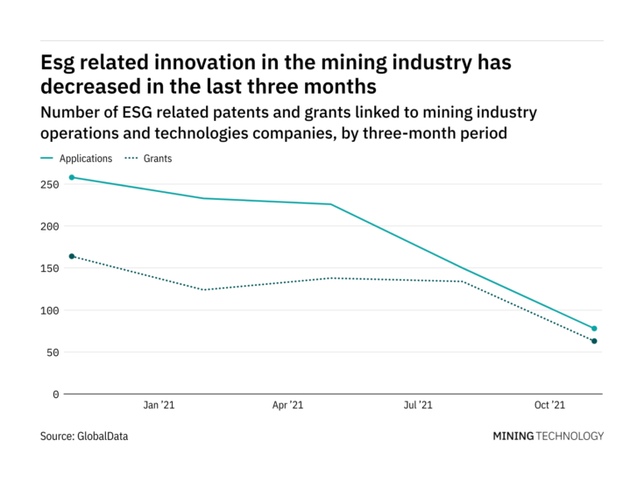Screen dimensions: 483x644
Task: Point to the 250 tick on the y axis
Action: tap(49, 184)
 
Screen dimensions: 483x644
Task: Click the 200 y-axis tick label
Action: tap(49, 226)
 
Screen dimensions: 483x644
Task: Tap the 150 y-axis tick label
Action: tap(49, 268)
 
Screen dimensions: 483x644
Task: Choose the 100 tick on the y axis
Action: tap(49, 310)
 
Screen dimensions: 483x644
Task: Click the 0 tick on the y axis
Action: tap(55, 394)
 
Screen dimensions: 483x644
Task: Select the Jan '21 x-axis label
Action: tap(159, 406)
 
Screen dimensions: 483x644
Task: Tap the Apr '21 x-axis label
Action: tap(288, 406)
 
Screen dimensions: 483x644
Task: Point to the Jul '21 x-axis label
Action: tap(418, 406)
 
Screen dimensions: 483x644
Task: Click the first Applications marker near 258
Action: tap(72, 177)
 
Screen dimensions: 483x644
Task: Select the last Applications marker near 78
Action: tap(594, 329)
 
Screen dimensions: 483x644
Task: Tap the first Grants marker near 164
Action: tap(72, 256)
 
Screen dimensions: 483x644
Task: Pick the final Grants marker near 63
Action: tap(594, 341)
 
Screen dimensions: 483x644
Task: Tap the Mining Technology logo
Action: tap(548, 436)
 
